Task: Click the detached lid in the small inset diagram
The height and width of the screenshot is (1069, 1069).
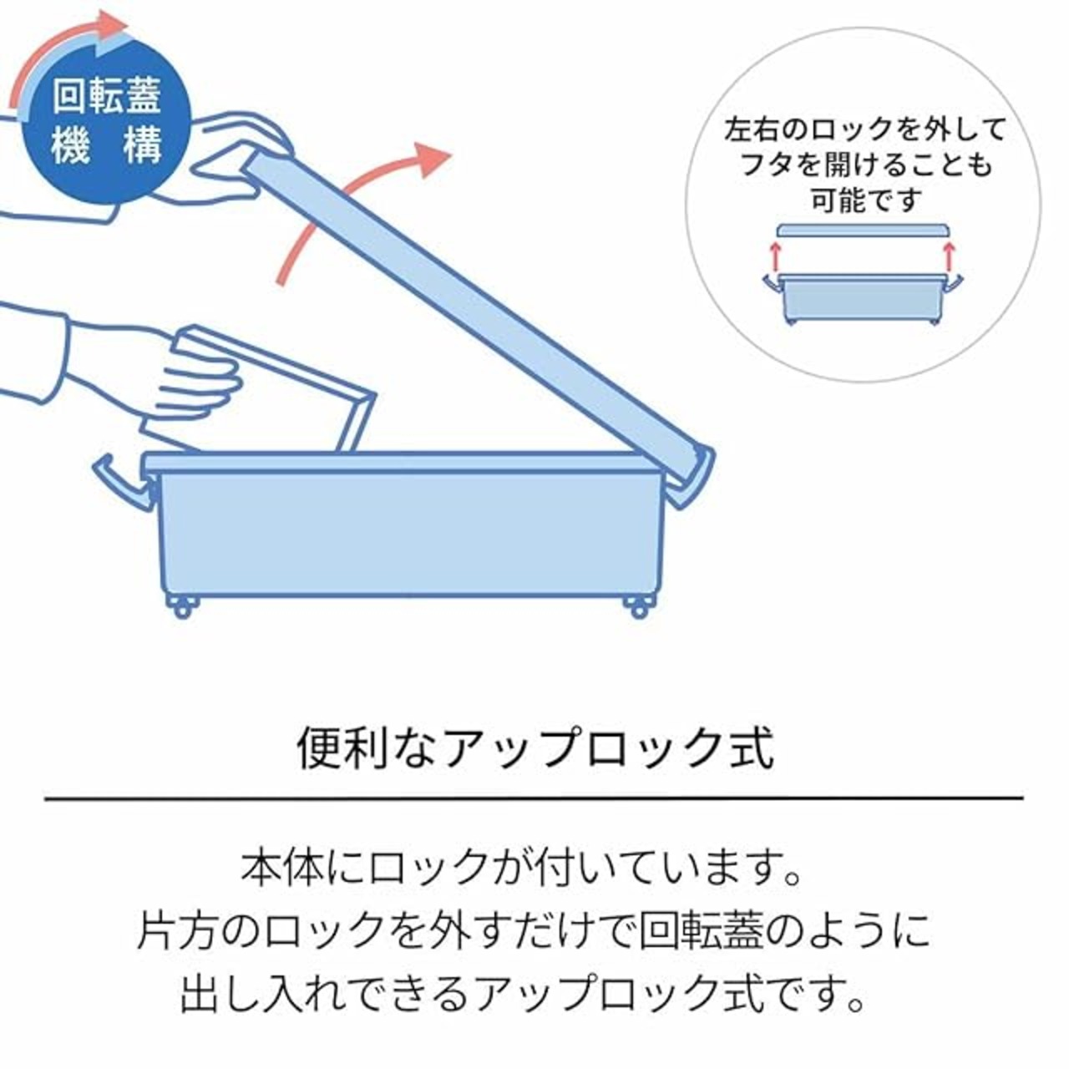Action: point(863,231)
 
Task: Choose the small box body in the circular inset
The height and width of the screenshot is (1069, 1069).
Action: point(864,298)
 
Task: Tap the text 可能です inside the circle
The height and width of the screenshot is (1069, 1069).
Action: point(866,200)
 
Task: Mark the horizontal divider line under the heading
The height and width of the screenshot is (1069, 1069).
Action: point(534,798)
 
